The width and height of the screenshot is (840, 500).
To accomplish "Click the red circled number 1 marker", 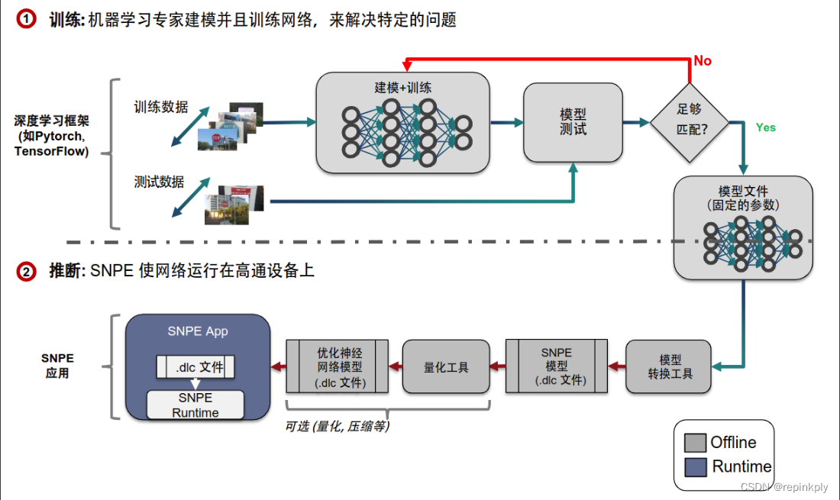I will pos(26,20).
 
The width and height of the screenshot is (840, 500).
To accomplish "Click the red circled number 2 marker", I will pos(26,271).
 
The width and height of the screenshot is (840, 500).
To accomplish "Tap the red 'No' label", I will pos(702,61).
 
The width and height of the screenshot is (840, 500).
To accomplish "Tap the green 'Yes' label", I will pos(765,127).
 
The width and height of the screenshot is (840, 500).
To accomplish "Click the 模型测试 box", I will pos(572,121).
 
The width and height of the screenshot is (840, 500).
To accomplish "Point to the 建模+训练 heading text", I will pos(402,87).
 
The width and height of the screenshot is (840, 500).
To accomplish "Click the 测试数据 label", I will pos(159,182).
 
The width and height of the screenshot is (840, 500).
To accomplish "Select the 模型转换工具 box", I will pos(670,366).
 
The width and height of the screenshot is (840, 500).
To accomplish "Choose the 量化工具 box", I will pos(445,367).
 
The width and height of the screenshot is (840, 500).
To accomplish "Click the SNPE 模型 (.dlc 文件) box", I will pos(556,366).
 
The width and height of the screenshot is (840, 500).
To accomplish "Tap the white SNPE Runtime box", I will pos(195,405).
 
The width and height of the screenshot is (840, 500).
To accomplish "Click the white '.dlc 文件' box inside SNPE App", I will pos(195,367).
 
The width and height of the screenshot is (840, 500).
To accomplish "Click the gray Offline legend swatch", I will pos(694,443).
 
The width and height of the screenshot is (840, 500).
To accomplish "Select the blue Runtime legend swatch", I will pos(694,466).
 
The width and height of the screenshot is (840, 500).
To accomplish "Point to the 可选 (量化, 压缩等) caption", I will pos(337,427).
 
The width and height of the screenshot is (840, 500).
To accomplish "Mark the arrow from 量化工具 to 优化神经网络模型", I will pos(395,367).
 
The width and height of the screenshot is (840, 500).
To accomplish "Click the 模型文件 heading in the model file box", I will pos(743,191).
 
